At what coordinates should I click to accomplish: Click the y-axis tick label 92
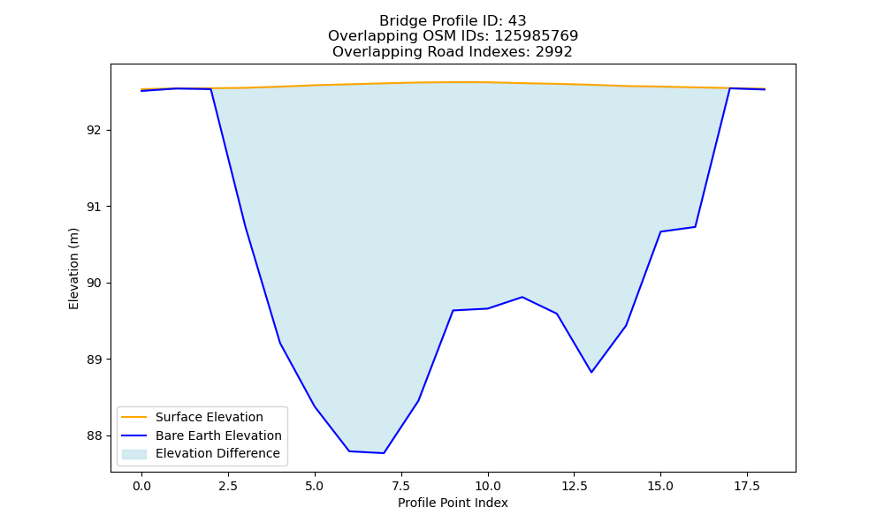pos(94,131)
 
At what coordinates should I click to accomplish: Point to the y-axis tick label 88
pos(94,436)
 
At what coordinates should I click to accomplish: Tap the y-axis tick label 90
pos(94,284)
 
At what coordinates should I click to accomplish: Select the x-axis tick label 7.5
pos(401,486)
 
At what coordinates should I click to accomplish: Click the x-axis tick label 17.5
pos(747,486)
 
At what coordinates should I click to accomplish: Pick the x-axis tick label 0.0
pos(141,486)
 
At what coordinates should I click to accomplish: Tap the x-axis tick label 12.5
pos(574,486)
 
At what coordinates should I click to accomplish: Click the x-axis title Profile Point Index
pos(453,503)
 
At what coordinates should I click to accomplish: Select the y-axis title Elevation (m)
pos(74,269)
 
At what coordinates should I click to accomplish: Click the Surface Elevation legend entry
pos(210,417)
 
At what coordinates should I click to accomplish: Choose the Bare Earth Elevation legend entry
pos(218,435)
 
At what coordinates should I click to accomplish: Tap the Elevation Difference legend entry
pos(217,453)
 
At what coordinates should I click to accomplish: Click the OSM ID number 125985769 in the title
pos(537,36)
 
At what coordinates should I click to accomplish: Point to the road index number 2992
pos(553,52)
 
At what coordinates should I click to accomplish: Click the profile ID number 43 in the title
pos(517,21)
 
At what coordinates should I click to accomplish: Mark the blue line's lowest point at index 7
pos(384,453)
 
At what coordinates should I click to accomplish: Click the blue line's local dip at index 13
pos(591,372)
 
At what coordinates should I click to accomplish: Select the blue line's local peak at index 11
pos(522,297)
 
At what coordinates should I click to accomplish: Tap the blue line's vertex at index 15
pos(660,231)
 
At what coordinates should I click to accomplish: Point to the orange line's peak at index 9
pos(453,82)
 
